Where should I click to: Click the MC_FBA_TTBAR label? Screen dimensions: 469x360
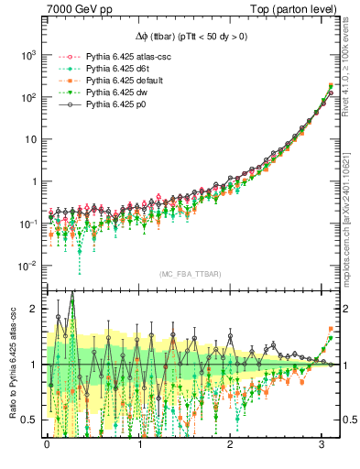click(x=183, y=274)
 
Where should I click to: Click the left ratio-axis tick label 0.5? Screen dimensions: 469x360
click(x=31, y=420)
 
